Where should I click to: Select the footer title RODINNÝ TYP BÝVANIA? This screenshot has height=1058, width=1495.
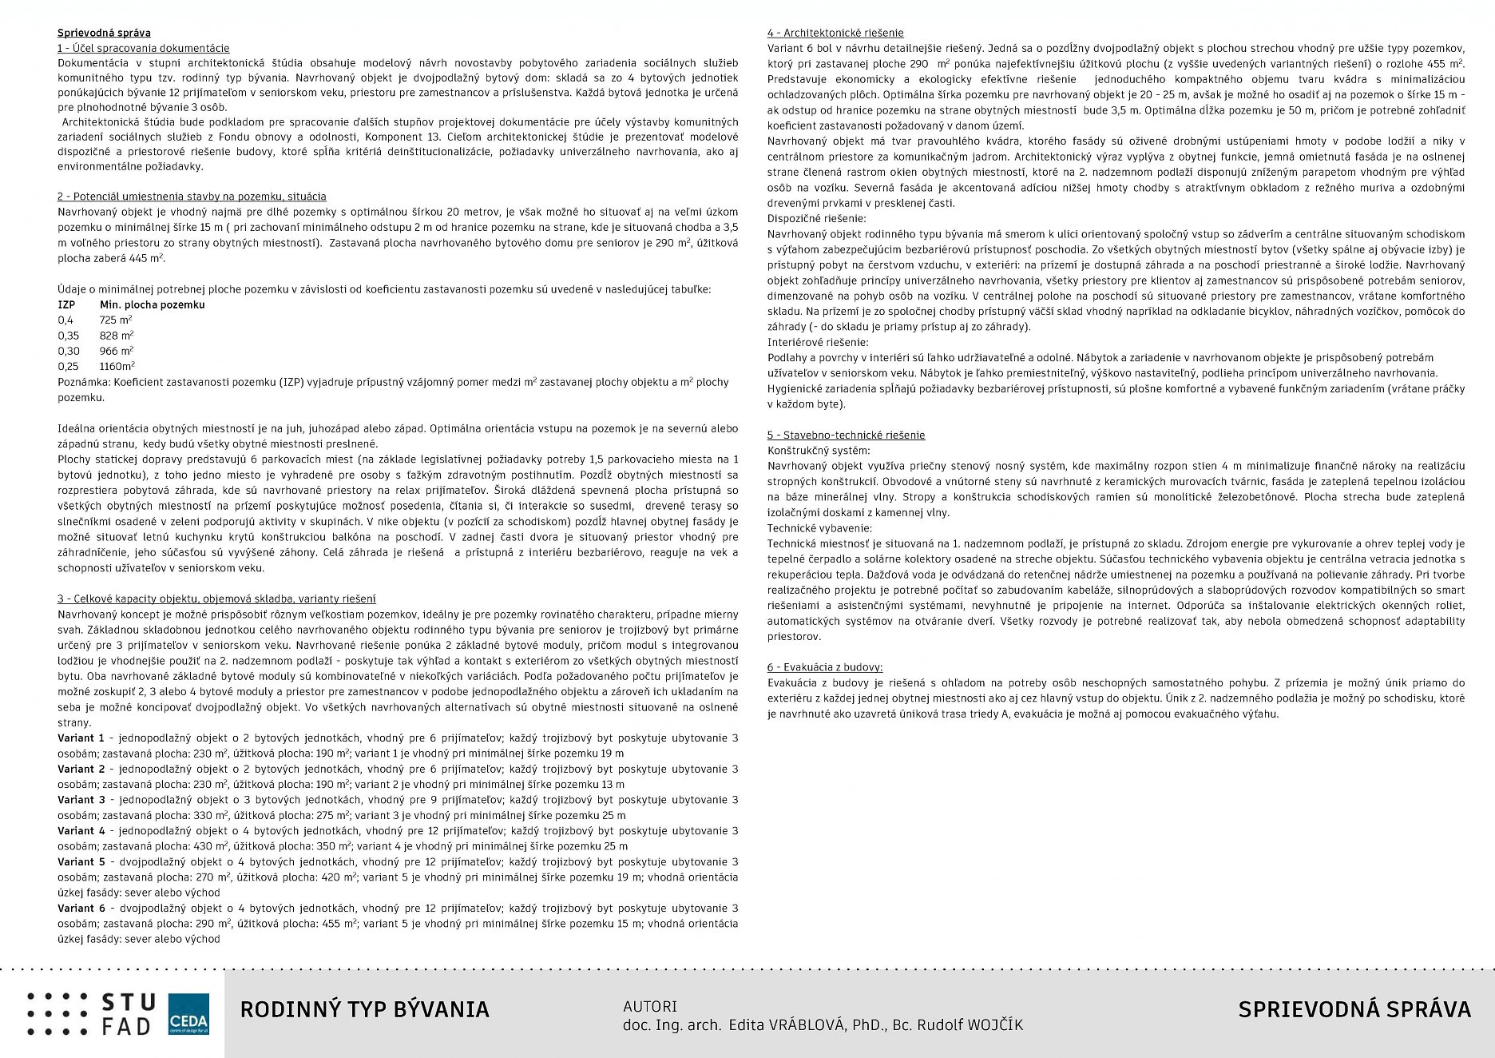click(364, 1009)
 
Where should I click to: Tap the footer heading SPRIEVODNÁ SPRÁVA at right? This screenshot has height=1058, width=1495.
click(1354, 1009)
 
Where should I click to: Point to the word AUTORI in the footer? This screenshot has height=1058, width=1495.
click(649, 1007)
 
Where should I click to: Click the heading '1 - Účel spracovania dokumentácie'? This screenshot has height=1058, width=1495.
click(143, 49)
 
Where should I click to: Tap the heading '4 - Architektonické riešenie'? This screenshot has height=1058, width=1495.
click(835, 33)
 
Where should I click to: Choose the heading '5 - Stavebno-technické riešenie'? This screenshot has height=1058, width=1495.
click(846, 436)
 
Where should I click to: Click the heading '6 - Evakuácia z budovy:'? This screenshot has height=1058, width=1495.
click(824, 667)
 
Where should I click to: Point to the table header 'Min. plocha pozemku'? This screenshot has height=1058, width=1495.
click(152, 304)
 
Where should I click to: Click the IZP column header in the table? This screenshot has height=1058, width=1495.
click(66, 304)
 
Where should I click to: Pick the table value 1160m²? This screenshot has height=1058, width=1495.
click(117, 366)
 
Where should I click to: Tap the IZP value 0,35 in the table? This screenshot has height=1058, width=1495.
click(68, 336)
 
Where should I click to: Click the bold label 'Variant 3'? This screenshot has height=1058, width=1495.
click(81, 800)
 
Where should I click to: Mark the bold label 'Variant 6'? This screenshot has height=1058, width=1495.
click(81, 909)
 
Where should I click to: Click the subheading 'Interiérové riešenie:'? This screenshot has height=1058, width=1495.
click(818, 342)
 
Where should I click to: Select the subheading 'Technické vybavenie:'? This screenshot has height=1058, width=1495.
click(819, 528)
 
